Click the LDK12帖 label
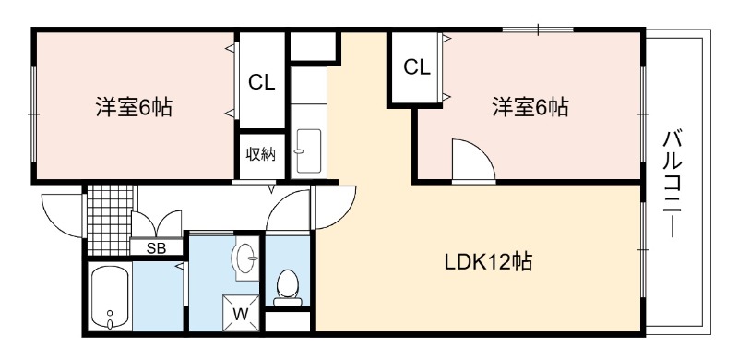pyautogui.click(x=488, y=262)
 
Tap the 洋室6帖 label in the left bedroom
pyautogui.click(x=134, y=107)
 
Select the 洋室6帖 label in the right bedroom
pyautogui.click(x=530, y=107)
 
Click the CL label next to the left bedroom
pyautogui.click(x=262, y=83)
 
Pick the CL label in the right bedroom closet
pyautogui.click(x=417, y=68)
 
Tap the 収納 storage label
pyautogui.click(x=261, y=154)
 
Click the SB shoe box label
pyautogui.click(x=156, y=249)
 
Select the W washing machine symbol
pyautogui.click(x=241, y=313)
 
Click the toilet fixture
pyautogui.click(x=288, y=287)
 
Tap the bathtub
pyautogui.click(x=110, y=296)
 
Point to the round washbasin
pyautogui.click(x=245, y=258)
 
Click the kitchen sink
pyautogui.click(x=308, y=150)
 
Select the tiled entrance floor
pyautogui.click(x=110, y=219)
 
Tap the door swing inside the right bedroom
pyautogui.click(x=473, y=159)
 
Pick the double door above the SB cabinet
pyautogui.click(x=156, y=223)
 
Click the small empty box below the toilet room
pyautogui.click(x=288, y=321)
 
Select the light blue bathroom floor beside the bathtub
pyautogui.click(x=158, y=296)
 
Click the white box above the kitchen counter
pyautogui.click(x=313, y=46)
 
